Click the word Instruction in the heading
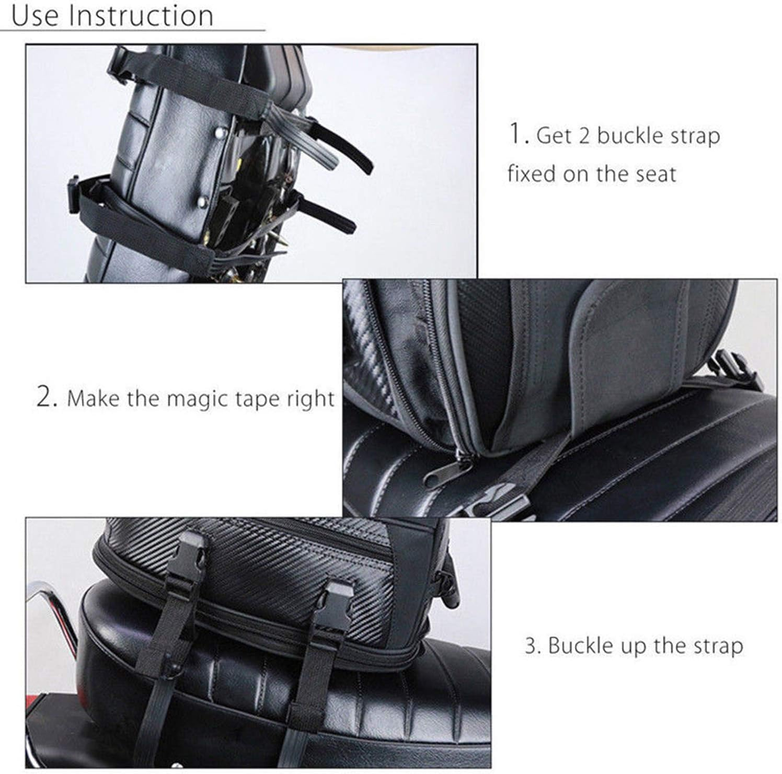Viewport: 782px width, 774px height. [x=142, y=16]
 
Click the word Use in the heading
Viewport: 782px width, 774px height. [x=34, y=16]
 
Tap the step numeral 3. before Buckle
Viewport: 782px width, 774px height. [x=532, y=646]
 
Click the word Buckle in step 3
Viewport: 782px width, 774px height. [x=581, y=646]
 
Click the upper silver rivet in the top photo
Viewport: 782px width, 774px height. [x=218, y=134]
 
